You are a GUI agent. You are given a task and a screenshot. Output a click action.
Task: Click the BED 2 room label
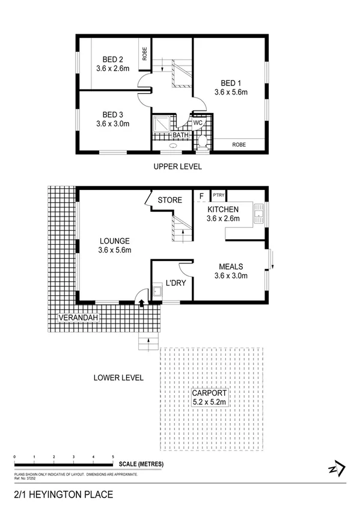112,59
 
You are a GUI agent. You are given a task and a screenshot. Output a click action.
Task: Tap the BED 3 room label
112,115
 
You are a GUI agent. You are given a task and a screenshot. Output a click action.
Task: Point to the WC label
198,123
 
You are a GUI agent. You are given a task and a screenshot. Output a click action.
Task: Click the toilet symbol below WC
202,141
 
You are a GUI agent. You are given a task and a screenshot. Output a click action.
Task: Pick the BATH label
180,135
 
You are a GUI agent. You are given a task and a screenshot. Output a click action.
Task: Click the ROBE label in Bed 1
239,144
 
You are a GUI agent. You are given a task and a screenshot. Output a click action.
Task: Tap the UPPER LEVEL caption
177,167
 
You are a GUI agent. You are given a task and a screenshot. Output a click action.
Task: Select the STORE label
169,200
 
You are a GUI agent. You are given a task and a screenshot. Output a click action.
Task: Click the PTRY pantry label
218,195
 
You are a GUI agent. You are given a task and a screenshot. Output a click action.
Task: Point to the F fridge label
201,195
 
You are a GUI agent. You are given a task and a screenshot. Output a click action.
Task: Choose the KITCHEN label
223,209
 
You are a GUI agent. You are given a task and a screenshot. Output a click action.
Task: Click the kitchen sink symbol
260,212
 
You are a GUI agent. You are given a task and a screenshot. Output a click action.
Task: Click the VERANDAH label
78,318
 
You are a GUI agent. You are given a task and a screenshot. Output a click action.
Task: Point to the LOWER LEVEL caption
118,378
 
